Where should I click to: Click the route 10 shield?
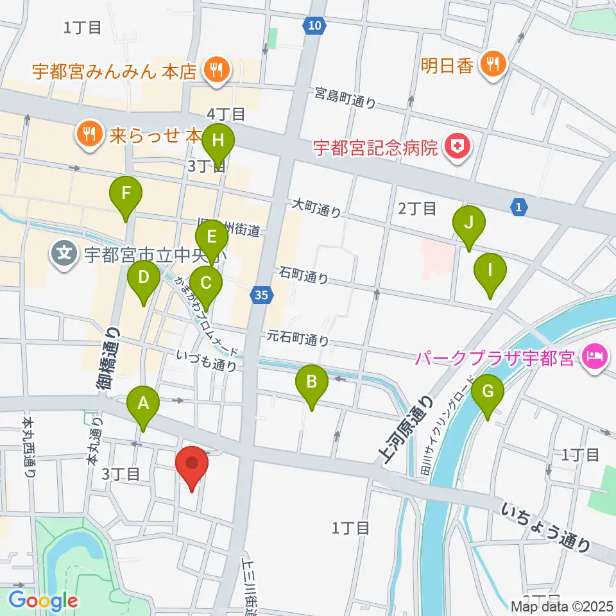coord(312,26)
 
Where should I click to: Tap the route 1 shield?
coord(519,207)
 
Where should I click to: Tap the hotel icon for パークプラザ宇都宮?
coord(593,357)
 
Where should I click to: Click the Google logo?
coord(43,601)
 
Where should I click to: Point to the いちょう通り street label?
coord(546,527)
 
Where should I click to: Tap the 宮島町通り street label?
coord(345,98)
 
